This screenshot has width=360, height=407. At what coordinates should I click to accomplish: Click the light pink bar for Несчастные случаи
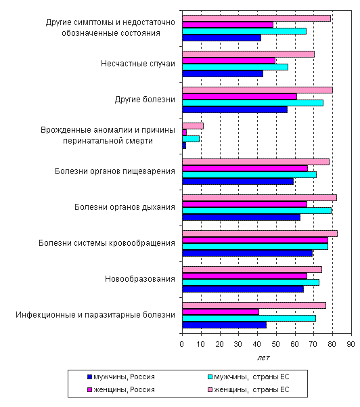tap(248, 54)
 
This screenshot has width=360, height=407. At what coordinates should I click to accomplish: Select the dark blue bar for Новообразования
tap(243, 289)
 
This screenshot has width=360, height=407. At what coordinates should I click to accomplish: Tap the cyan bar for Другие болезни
tap(252, 103)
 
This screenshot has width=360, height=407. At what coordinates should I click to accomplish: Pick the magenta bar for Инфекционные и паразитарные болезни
tap(221, 312)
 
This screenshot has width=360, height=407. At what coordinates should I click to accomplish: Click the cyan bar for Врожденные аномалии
tap(191, 139)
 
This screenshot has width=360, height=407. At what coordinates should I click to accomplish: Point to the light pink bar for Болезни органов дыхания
tap(259, 198)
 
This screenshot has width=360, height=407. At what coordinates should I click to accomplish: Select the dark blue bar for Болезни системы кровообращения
tap(247, 253)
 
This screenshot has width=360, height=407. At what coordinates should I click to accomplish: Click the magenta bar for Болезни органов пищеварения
tap(245, 168)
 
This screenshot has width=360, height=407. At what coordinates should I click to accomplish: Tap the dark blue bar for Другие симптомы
tap(221, 38)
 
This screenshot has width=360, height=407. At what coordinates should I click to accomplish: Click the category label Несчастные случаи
tap(138, 64)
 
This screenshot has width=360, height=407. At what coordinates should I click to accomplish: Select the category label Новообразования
tap(140, 279)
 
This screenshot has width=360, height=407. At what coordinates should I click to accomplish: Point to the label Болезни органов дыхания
tap(125, 207)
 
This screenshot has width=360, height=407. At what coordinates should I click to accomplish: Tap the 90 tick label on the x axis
tap(351, 344)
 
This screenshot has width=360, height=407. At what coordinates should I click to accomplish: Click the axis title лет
tap(263, 358)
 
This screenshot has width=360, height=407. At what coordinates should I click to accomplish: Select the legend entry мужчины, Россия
tap(121, 377)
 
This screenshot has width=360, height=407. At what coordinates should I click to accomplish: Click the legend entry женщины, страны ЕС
tap(248, 390)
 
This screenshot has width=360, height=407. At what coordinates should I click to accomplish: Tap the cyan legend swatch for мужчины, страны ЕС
tap(210, 377)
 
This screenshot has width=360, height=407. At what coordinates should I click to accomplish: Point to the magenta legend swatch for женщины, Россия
tap(90, 390)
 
